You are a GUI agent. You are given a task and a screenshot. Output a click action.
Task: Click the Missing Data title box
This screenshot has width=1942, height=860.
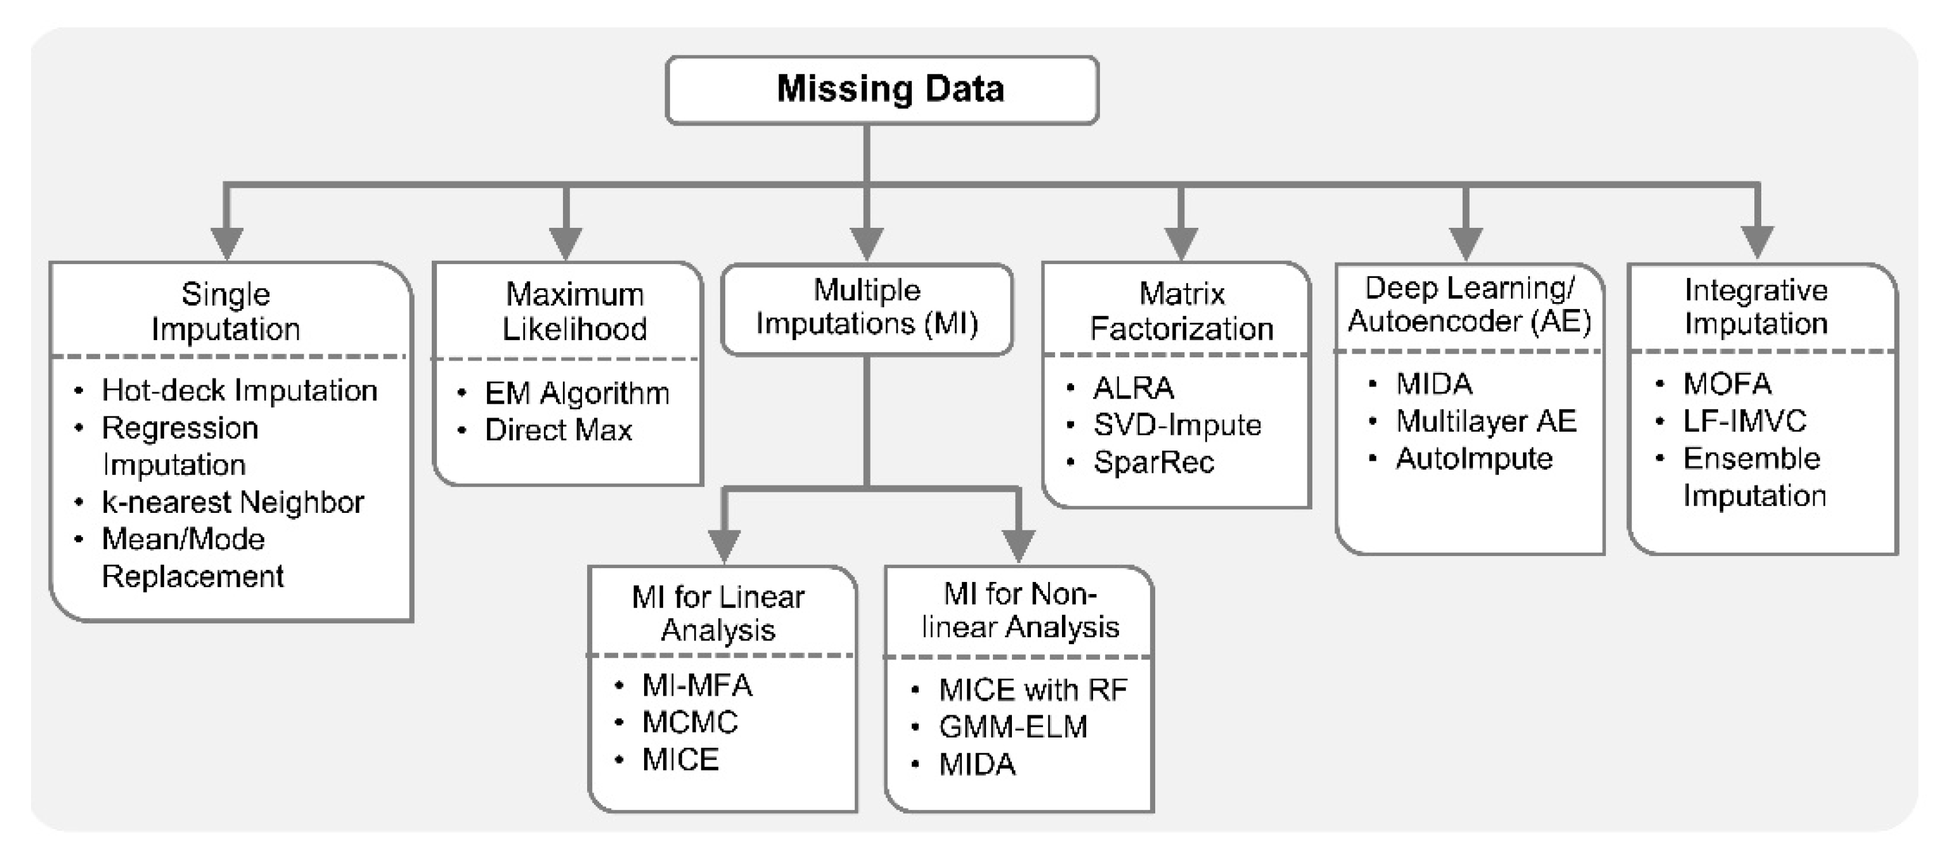pyautogui.click(x=882, y=89)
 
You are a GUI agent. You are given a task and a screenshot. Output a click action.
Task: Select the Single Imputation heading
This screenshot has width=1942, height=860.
pyautogui.click(x=226, y=311)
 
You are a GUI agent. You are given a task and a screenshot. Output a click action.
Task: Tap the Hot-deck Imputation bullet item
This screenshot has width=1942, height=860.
pyautogui.click(x=239, y=391)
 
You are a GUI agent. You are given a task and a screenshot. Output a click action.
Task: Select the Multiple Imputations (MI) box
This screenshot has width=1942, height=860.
pyautogui.click(x=867, y=308)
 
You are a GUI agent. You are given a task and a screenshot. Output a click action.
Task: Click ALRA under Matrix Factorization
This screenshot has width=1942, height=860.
pyautogui.click(x=1133, y=388)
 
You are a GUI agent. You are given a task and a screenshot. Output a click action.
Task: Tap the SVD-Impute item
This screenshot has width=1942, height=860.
pyautogui.click(x=1177, y=425)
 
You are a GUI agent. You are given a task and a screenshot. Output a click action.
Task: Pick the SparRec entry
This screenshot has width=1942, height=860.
pyautogui.click(x=1153, y=461)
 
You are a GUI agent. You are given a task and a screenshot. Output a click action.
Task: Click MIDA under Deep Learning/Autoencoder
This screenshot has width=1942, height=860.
pyautogui.click(x=1434, y=384)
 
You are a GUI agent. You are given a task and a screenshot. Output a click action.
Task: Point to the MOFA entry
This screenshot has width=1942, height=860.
pyautogui.click(x=1726, y=384)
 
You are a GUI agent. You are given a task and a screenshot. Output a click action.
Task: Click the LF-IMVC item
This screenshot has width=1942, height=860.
pyautogui.click(x=1744, y=421)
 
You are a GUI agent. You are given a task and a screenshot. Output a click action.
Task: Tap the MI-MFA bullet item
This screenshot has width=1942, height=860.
pyautogui.click(x=697, y=685)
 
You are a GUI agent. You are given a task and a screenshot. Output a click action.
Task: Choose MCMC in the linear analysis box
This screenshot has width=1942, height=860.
pyautogui.click(x=689, y=722)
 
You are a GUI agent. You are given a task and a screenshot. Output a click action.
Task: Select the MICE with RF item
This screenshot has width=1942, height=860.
pyautogui.click(x=1033, y=689)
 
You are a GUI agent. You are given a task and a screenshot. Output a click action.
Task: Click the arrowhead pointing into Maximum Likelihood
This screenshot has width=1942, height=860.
pyautogui.click(x=566, y=243)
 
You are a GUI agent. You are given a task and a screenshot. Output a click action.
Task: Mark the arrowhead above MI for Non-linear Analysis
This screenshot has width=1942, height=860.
pyautogui.click(x=1018, y=545)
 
